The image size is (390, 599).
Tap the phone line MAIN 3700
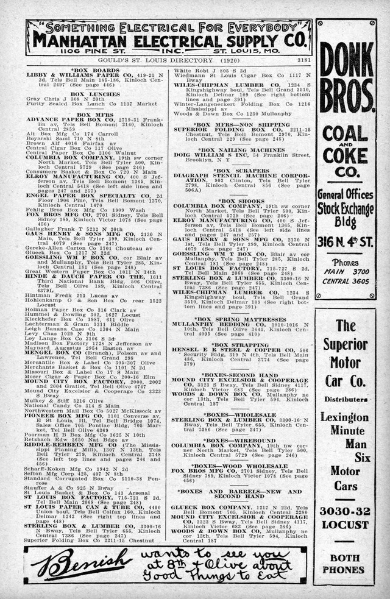[x=346, y=272]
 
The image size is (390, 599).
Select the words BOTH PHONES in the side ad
[x=346, y=563]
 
